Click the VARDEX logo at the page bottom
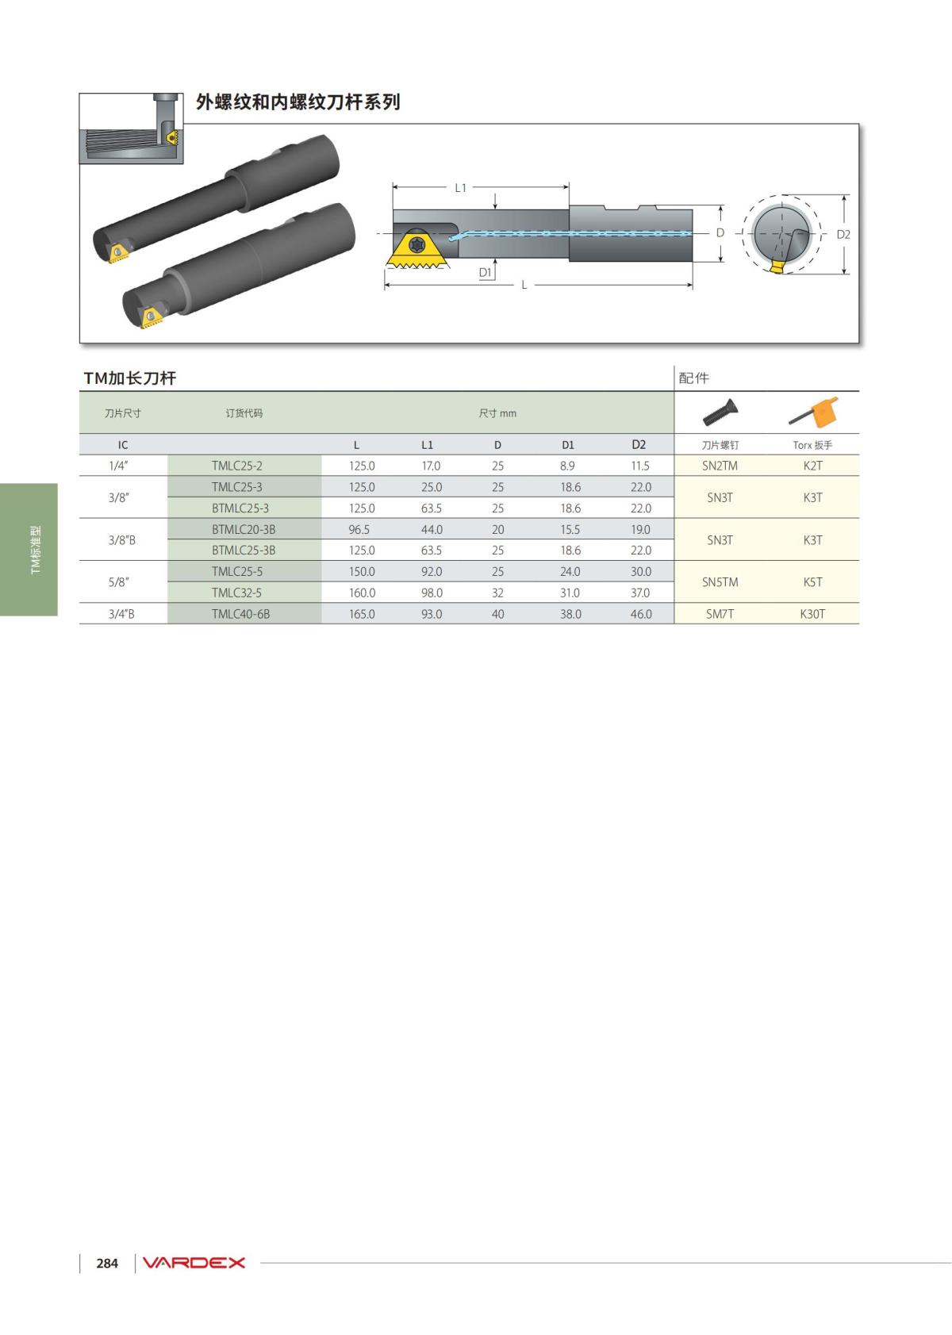pyautogui.click(x=194, y=1263)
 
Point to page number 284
pyautogui.click(x=107, y=1264)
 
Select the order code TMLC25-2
pyautogui.click(x=236, y=466)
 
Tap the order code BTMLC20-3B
pyautogui.click(x=244, y=529)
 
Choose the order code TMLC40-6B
pyautogui.click(x=241, y=614)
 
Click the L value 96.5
pyautogui.click(x=359, y=529)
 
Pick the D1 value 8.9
pyautogui.click(x=567, y=466)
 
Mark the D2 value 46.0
pyautogui.click(x=641, y=614)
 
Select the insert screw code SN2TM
pyautogui.click(x=720, y=466)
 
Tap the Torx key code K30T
pyautogui.click(x=812, y=614)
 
